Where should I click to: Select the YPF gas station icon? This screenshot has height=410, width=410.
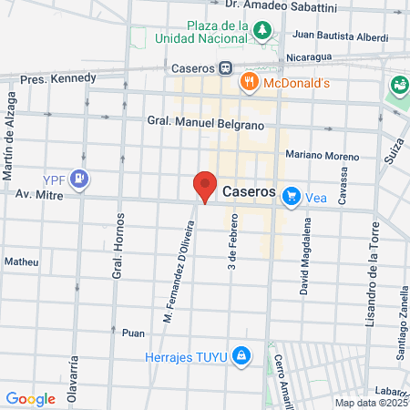pos(81,178)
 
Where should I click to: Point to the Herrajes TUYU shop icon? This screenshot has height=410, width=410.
pos(241,354)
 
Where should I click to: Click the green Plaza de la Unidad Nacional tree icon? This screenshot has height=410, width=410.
pos(263,31)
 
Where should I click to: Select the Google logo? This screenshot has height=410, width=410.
pos(30,398)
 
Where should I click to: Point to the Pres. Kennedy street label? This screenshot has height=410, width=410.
pos(58,78)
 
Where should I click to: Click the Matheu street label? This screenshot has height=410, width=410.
pos(22,261)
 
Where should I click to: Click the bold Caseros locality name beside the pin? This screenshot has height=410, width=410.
pos(248,193)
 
